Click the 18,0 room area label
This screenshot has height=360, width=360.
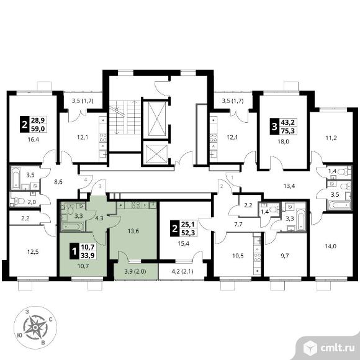click(x=283, y=142)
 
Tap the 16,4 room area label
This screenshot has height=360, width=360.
click(x=34, y=139)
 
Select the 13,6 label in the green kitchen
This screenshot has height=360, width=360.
click(x=133, y=231)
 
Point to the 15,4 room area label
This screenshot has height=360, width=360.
click(x=184, y=243)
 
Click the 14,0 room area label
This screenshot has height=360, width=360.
click(x=331, y=246)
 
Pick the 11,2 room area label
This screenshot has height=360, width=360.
click(x=331, y=138)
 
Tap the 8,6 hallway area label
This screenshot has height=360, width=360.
click(x=58, y=182)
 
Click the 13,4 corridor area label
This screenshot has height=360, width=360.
click(x=289, y=186)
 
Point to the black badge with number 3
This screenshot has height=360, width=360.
click(x=274, y=127)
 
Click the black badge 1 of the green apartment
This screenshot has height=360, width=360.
click(x=74, y=251)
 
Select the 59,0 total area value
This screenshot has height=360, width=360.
click(x=38, y=128)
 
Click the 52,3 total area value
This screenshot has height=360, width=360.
click(x=188, y=233)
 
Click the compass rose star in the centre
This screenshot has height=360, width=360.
click(x=35, y=327)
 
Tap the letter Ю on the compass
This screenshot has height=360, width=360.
click(x=20, y=335)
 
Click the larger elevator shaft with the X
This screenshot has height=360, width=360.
click(x=157, y=119)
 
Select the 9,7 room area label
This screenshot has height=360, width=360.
click(x=285, y=256)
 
